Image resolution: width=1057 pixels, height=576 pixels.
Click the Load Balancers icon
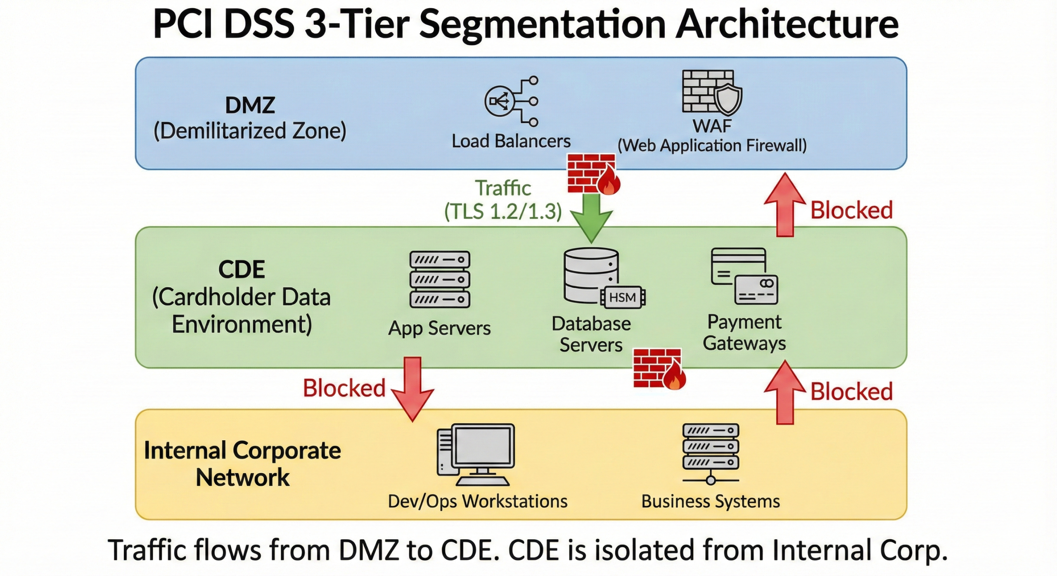[x=511, y=101]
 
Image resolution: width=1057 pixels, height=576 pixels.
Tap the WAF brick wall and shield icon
[x=711, y=92]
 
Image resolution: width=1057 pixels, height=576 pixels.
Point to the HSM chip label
[x=623, y=297]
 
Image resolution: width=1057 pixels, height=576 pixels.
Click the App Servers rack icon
[x=440, y=279]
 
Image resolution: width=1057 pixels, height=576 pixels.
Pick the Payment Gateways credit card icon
[x=744, y=276]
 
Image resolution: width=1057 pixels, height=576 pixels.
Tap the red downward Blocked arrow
[x=412, y=388]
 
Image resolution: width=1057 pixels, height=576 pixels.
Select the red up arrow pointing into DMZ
[x=784, y=205]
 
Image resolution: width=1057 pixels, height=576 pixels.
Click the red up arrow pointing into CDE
[x=784, y=392]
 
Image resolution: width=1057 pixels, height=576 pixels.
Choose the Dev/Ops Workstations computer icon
[x=476, y=455]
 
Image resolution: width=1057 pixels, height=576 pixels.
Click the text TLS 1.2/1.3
[x=503, y=212]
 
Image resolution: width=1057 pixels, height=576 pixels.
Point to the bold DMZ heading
[x=250, y=105]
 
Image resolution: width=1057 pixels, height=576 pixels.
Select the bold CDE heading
[x=242, y=269]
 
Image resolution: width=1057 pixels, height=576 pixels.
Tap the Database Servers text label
[x=591, y=334]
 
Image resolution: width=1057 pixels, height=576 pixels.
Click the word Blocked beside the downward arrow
[x=344, y=388]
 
